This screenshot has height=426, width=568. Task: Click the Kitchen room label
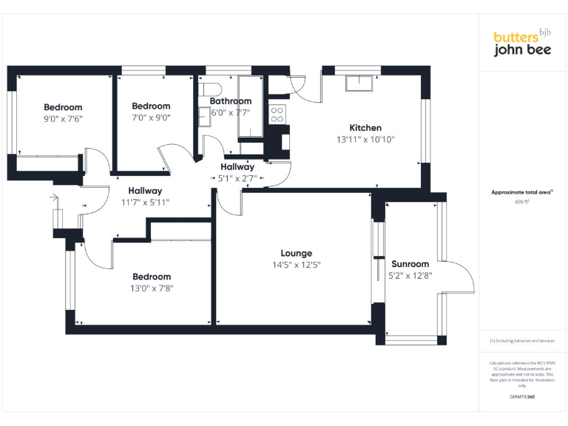pyautogui.click(x=365, y=128)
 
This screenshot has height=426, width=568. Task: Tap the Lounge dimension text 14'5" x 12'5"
pyautogui.click(x=296, y=264)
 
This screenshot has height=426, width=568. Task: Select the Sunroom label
pyautogui.click(x=410, y=264)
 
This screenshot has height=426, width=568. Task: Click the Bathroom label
pyautogui.click(x=230, y=101)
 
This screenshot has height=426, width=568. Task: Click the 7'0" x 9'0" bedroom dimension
pyautogui.click(x=151, y=117)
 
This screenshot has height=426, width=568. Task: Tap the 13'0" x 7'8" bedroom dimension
pyautogui.click(x=151, y=288)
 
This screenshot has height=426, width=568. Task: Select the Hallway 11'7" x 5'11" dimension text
pyautogui.click(x=146, y=202)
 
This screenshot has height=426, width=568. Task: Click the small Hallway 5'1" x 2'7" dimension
pyautogui.click(x=237, y=178)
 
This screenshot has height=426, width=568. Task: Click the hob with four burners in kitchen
pyautogui.click(x=277, y=114)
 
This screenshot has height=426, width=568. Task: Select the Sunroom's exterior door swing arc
pyautogui.click(x=462, y=277)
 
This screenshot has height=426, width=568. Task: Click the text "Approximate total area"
pyautogui.click(x=521, y=192)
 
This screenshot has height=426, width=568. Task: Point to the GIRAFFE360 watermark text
pyautogui.click(x=522, y=397)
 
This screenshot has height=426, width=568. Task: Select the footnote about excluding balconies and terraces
pyautogui.click(x=522, y=341)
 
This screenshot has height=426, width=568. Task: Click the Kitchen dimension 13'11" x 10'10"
pyautogui.click(x=365, y=139)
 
